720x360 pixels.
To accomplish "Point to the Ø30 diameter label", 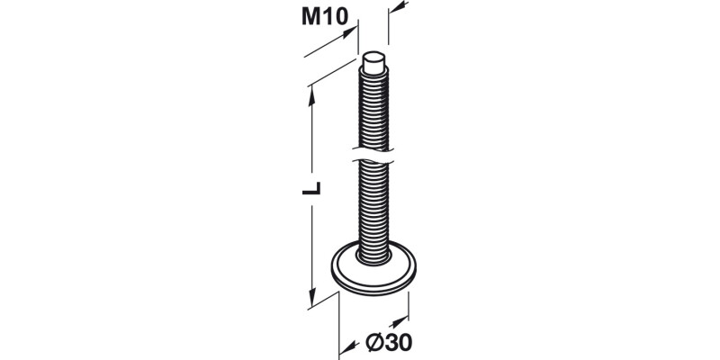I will tap(390, 342).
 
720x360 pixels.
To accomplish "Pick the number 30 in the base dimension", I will tap(399, 342).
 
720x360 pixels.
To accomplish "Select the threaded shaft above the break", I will tap(374, 108).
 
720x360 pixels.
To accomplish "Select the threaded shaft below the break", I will tap(374, 207).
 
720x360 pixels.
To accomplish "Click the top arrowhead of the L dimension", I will tap(312, 91).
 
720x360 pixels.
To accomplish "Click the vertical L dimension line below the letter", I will tap(312, 252).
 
